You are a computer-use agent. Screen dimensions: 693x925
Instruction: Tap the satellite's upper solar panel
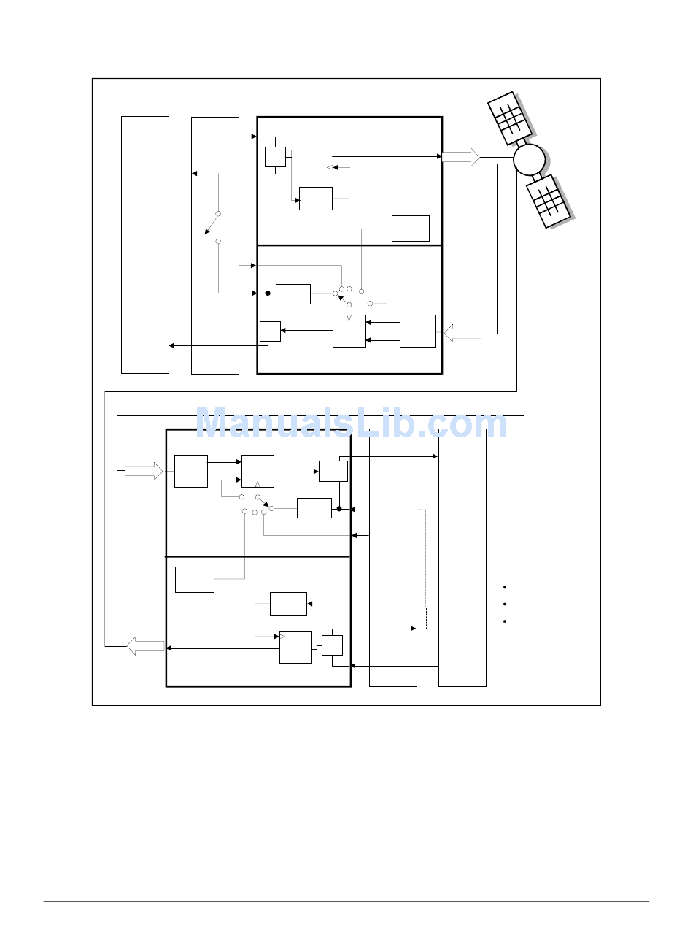click(x=509, y=118)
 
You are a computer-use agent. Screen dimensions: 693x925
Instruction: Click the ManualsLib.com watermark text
click(x=351, y=423)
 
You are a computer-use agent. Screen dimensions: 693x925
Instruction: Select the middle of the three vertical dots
click(x=504, y=604)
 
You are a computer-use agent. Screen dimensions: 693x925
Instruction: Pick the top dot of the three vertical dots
click(x=504, y=587)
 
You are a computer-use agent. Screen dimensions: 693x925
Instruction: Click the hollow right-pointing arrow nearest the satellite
click(x=460, y=157)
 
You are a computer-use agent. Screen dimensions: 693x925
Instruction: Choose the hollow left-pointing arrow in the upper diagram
click(x=462, y=334)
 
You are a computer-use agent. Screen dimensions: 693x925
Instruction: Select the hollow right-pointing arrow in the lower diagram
click(x=144, y=471)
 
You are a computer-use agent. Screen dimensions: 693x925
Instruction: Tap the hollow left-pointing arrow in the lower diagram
click(x=145, y=646)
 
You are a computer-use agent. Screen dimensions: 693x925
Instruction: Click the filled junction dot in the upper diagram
click(x=268, y=293)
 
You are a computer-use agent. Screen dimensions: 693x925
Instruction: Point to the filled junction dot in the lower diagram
click(x=339, y=509)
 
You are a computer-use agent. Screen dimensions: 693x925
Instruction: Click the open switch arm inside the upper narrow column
click(x=212, y=223)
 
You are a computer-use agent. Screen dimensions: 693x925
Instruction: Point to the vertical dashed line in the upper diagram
click(x=182, y=234)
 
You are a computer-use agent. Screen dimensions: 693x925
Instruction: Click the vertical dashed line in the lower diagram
click(x=426, y=569)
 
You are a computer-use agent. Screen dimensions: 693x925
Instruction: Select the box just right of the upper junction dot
click(x=293, y=294)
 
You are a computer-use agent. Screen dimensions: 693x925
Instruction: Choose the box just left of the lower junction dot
click(x=314, y=508)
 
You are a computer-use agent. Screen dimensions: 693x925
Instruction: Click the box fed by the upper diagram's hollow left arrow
click(x=418, y=331)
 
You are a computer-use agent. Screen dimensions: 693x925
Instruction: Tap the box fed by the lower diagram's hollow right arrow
click(x=190, y=471)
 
